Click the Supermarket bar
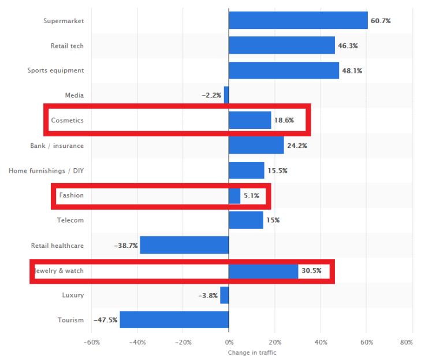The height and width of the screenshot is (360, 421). [x=298, y=20]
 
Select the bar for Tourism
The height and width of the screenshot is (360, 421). [x=174, y=320]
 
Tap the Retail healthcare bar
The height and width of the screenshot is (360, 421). [x=184, y=245]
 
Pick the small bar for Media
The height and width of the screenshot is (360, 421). [x=226, y=95]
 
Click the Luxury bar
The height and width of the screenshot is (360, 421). [x=224, y=295]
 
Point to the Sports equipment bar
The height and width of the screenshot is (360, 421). [x=284, y=70]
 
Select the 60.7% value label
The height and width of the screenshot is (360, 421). [x=381, y=21]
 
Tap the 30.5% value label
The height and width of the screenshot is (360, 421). [x=311, y=270]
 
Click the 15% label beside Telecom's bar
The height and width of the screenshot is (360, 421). [x=273, y=220]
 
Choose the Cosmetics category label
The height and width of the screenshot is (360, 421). [x=67, y=120]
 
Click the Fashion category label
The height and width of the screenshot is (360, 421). [x=71, y=195]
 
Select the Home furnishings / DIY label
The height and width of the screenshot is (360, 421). [x=46, y=170]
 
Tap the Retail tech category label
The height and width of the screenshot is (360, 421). [x=67, y=46]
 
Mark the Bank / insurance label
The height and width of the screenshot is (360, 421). [x=57, y=145]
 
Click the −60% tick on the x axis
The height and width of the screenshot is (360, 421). [x=92, y=343]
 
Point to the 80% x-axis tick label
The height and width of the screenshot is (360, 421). [x=406, y=343]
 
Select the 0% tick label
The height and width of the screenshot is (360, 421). [x=229, y=343]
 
